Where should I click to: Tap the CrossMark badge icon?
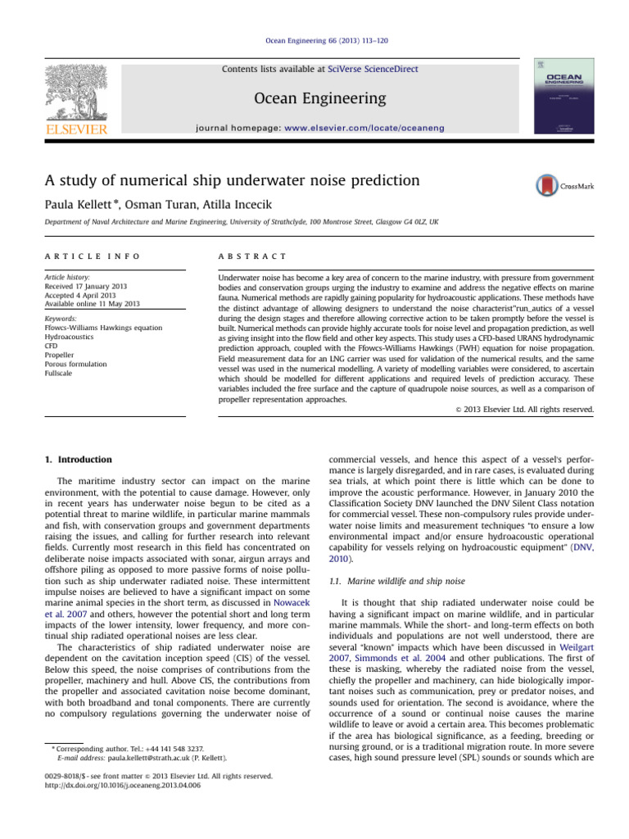545,186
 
